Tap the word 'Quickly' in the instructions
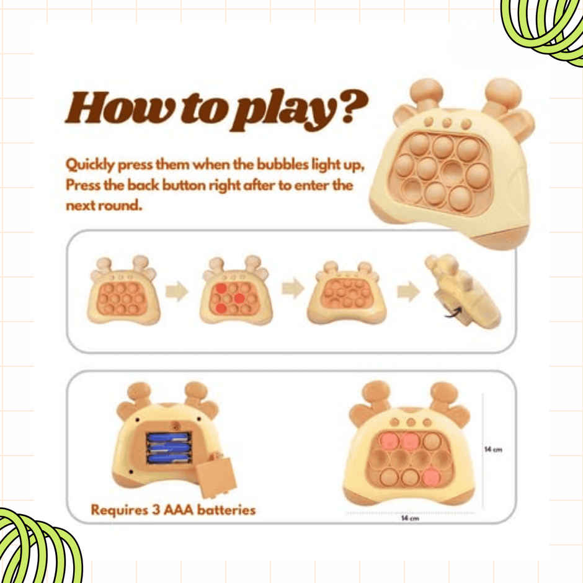pos(89,165)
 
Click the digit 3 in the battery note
pos(156,510)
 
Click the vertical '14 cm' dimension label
pos(493,449)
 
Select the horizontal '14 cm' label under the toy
pos(410,518)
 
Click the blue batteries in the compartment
pos(169,448)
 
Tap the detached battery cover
pos(216,476)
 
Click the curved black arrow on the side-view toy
pos(453,313)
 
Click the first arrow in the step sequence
pos(177,291)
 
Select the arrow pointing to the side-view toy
pos(408,291)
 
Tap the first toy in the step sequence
pos(123,291)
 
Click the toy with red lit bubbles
pos(236,291)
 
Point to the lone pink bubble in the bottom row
pos(430,476)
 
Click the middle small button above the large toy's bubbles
pos(447,123)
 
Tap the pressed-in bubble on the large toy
pos(452,172)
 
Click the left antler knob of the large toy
pos(427,91)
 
